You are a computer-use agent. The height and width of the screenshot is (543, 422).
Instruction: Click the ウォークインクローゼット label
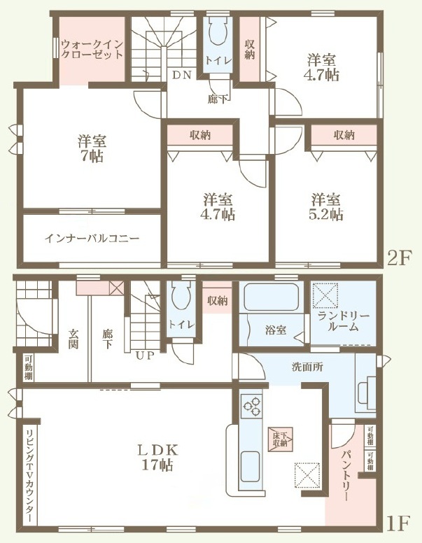pos(92,50)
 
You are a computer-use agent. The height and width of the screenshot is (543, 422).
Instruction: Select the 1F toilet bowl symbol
pos(181,295)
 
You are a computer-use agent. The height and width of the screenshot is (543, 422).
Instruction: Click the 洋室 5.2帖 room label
pos(325,206)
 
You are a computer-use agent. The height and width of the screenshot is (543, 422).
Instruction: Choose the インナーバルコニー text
pos(92,238)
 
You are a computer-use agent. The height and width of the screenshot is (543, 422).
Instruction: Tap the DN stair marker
pos(181,75)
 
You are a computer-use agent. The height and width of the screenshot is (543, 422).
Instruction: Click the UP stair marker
pos(145,355)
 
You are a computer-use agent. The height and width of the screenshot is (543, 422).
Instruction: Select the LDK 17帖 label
pos(157,457)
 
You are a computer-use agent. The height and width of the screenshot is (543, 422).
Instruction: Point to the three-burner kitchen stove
pos(252,405)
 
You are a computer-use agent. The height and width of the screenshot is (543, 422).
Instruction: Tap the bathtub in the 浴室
pos(271,297)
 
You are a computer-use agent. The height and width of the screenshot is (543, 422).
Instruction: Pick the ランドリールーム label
pos(344,321)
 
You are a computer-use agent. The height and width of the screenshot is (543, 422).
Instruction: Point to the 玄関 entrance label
pos(73,339)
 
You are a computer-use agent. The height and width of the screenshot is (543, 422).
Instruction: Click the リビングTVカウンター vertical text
pos(30,475)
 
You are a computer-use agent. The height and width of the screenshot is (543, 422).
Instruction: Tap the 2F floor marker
pos(399,258)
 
